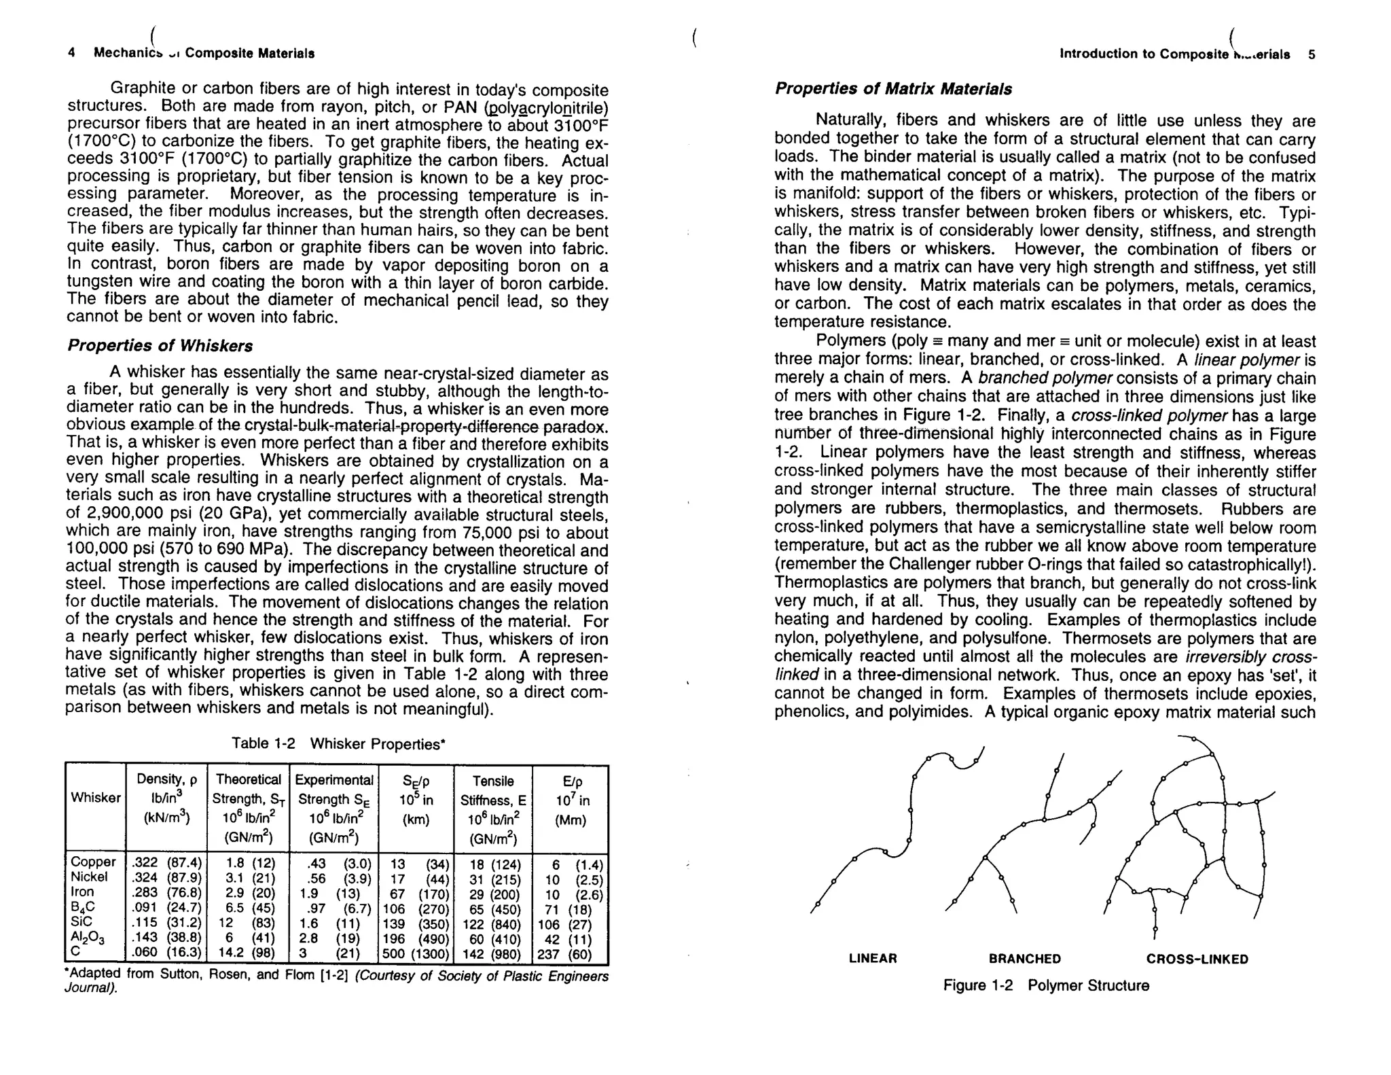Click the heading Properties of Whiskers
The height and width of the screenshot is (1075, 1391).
pos(160,346)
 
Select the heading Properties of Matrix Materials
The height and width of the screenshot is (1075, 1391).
pos(893,89)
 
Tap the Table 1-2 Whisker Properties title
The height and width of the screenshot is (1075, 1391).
pos(338,743)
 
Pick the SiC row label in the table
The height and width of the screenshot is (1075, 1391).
pos(82,921)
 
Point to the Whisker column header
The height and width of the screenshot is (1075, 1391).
pos(95,798)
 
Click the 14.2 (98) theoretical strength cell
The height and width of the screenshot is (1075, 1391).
pos(247,953)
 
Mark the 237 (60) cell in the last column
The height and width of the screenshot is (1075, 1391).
pos(569,954)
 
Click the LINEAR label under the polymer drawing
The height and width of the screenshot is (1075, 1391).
pos(873,959)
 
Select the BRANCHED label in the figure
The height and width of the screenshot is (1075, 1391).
pos(1024,959)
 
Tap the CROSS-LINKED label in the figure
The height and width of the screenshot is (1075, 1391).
pos(1197,959)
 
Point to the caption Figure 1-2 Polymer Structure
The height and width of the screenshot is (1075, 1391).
pos(1045,985)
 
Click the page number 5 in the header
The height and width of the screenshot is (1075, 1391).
pos(1311,54)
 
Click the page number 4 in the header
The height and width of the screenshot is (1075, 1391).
pos(71,53)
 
